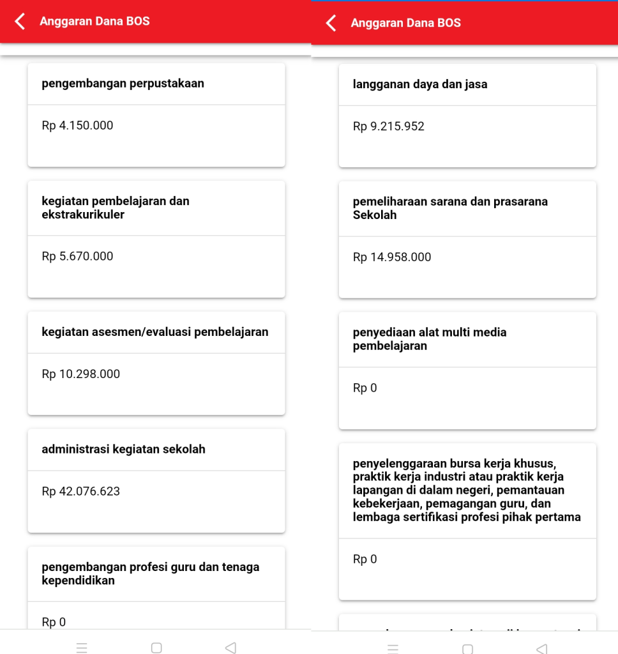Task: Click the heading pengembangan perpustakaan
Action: coord(123,84)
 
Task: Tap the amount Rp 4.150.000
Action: coord(77,126)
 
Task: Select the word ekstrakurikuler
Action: coord(83,215)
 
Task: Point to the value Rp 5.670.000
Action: coord(77,257)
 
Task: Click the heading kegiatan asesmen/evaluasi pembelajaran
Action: coord(154,332)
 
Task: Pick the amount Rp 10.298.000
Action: coord(80,374)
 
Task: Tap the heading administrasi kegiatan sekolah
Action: coord(123,450)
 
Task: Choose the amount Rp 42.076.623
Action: coord(80,492)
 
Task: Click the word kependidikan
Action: coord(78,581)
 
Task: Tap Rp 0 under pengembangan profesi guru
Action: coord(54,622)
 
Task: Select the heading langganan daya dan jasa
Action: coord(419,84)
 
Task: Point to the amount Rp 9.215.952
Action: coord(388,126)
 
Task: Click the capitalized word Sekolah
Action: coord(375,215)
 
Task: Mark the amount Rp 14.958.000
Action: coord(391,257)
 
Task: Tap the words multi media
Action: coord(471,333)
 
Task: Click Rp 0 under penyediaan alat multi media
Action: coord(365,388)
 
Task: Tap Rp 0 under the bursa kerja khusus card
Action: coord(365,559)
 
